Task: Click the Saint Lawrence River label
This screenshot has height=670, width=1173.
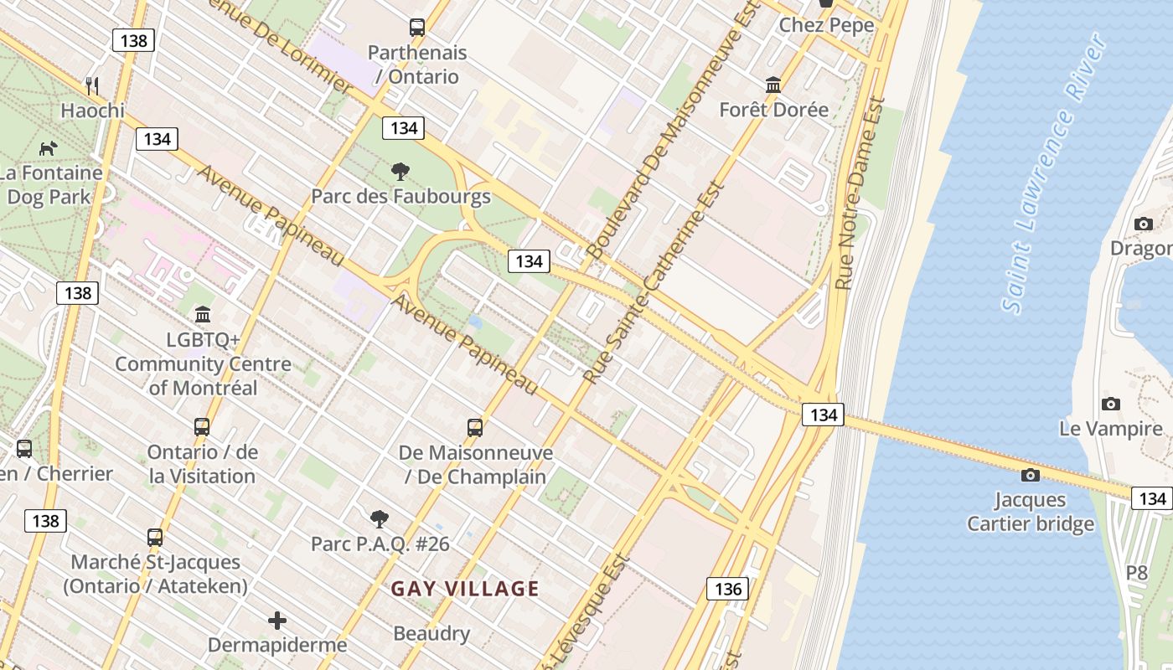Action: point(1055,175)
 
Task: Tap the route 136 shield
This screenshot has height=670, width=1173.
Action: point(727,589)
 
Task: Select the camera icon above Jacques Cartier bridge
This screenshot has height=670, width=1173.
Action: point(1031,476)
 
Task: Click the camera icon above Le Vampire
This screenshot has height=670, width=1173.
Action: point(1110,405)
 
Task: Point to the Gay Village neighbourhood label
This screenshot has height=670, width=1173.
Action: point(465,589)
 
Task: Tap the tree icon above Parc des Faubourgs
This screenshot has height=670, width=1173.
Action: point(400,172)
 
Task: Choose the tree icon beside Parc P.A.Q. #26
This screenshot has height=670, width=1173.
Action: point(379,519)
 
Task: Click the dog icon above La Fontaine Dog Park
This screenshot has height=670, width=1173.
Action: point(49,148)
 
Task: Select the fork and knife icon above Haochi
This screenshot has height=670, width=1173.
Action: point(92,85)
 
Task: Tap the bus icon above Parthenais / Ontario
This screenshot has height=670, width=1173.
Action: point(417,27)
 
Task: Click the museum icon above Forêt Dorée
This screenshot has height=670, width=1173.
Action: point(773,85)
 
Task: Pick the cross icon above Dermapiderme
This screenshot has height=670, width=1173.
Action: point(277,621)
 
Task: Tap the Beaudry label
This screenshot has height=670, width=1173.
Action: point(431,633)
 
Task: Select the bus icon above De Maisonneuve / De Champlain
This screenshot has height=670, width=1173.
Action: point(475,428)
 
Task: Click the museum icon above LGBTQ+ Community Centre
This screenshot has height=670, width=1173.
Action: point(203,315)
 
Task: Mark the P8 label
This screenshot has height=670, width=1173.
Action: point(1136,573)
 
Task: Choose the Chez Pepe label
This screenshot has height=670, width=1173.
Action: point(826,25)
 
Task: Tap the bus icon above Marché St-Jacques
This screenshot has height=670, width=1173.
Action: point(155,537)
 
